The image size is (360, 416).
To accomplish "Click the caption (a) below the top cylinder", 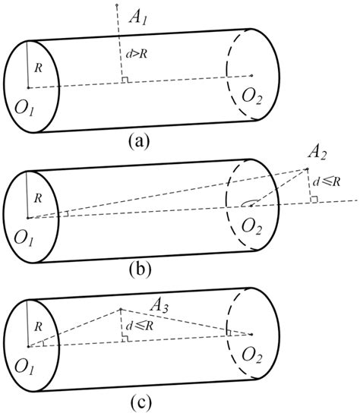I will click(x=141, y=141).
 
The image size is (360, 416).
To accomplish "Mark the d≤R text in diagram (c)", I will click(x=137, y=328).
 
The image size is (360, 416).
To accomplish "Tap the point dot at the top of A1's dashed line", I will click(x=116, y=5).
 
